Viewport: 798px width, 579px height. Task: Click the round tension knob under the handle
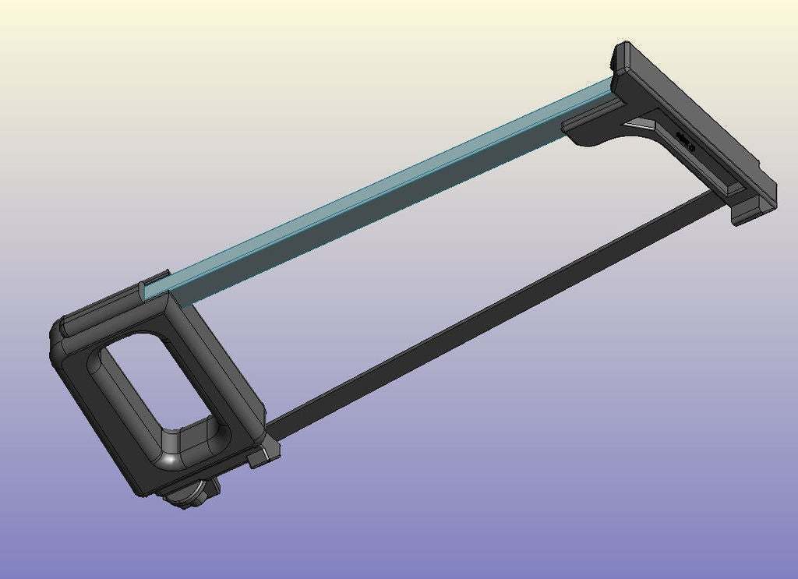[188, 494]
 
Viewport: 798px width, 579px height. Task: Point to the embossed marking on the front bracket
[685, 141]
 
